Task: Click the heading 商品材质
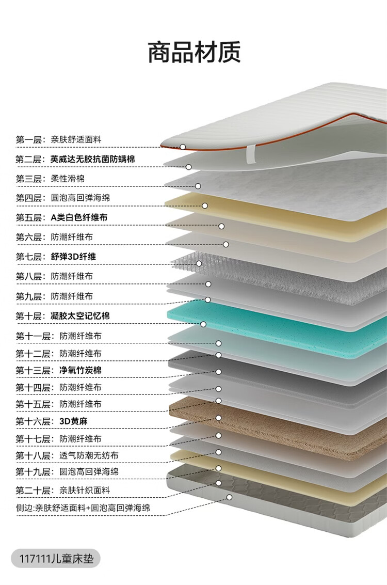point(194,52)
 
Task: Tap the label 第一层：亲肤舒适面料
point(58,139)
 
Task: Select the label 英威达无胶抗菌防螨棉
point(93,159)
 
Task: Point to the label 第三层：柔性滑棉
point(50,179)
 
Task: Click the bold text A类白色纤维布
point(79,217)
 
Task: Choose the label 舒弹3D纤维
point(73,257)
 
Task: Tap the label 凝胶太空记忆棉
point(80,315)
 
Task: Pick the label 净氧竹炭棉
point(80,370)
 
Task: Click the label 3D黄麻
point(73,421)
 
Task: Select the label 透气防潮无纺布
point(89,455)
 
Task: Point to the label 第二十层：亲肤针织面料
point(63,489)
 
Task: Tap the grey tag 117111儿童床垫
point(56,558)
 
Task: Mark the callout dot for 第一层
point(183,147)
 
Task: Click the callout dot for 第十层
point(203,324)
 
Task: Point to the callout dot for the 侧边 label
point(229,497)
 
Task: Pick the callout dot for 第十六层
point(218,418)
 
